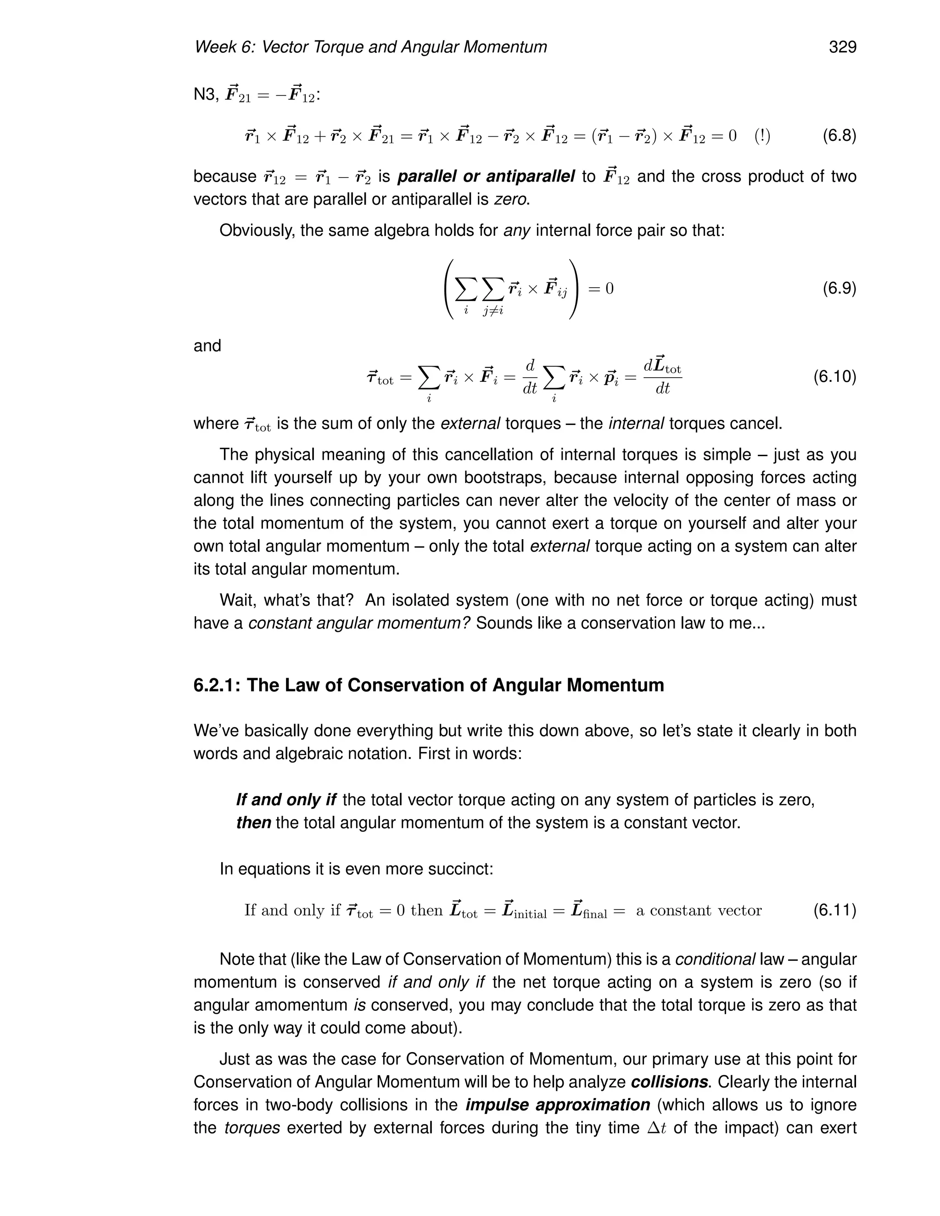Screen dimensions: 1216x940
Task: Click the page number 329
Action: click(842, 47)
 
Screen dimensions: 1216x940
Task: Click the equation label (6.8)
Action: click(839, 135)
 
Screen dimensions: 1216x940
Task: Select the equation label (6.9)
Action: click(839, 289)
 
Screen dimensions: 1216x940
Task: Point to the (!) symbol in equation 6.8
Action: click(762, 136)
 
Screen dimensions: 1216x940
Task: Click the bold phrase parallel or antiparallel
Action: click(486, 177)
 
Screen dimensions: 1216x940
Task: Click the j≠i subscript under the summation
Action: click(493, 311)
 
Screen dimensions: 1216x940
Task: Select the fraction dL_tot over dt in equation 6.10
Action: click(662, 377)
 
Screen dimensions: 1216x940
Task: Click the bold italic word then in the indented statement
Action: click(253, 823)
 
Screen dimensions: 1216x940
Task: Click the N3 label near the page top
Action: click(204, 95)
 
